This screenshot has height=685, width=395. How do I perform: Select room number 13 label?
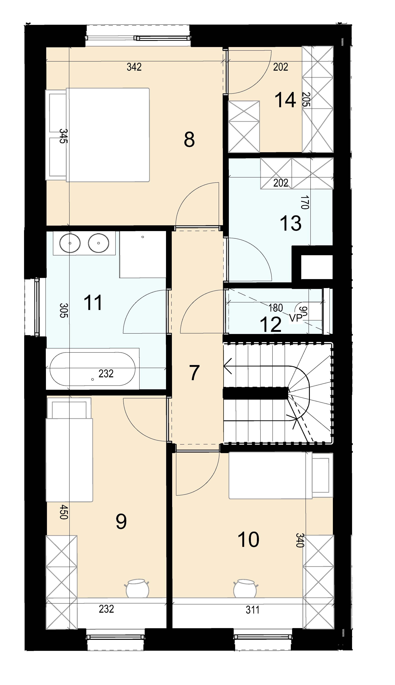tap(291, 224)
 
